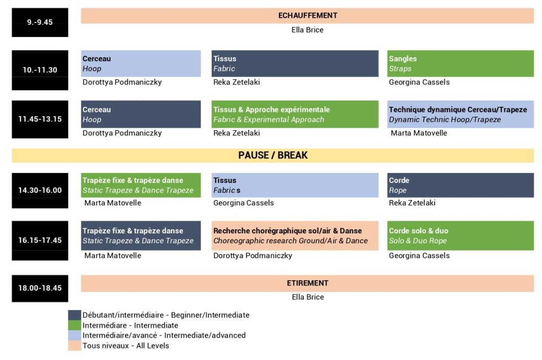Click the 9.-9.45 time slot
click(40, 22)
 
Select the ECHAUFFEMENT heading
click(307, 16)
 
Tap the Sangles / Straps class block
click(460, 64)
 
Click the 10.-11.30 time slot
click(40, 70)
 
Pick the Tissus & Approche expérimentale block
click(295, 115)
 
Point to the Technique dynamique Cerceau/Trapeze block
click(460, 115)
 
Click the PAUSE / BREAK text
click(273, 155)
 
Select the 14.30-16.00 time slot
click(40, 190)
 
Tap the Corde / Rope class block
click(460, 185)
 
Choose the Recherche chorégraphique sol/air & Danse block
click(295, 235)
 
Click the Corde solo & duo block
click(460, 235)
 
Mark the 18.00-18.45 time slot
click(40, 289)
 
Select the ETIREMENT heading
click(307, 283)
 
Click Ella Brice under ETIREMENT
click(308, 297)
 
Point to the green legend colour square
click(75, 325)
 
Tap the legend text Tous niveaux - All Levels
click(126, 345)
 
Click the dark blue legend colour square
click(75, 315)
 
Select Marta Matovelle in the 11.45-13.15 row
click(419, 133)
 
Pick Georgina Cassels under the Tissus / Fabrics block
click(243, 203)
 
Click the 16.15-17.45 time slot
click(40, 241)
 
